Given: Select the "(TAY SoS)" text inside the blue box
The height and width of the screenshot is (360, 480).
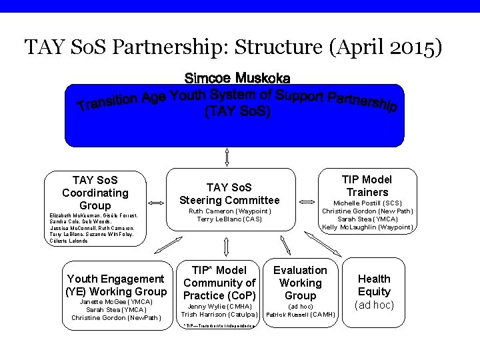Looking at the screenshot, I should coord(237,113).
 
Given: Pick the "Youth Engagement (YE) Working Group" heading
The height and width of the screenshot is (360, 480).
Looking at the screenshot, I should coord(116,285).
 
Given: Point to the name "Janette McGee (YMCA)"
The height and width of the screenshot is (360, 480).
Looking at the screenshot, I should coord(116,301).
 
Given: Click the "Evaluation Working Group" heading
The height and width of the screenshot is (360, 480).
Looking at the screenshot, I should coord(300,283).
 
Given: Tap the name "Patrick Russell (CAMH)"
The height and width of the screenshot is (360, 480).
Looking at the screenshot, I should coord(300,313).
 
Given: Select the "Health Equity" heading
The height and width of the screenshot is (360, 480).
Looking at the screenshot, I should coord(374,285).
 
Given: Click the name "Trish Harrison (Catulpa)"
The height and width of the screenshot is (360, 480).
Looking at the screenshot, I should coord(219,313).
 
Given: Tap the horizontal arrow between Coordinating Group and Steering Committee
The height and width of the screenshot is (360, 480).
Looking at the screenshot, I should coord(156,202).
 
